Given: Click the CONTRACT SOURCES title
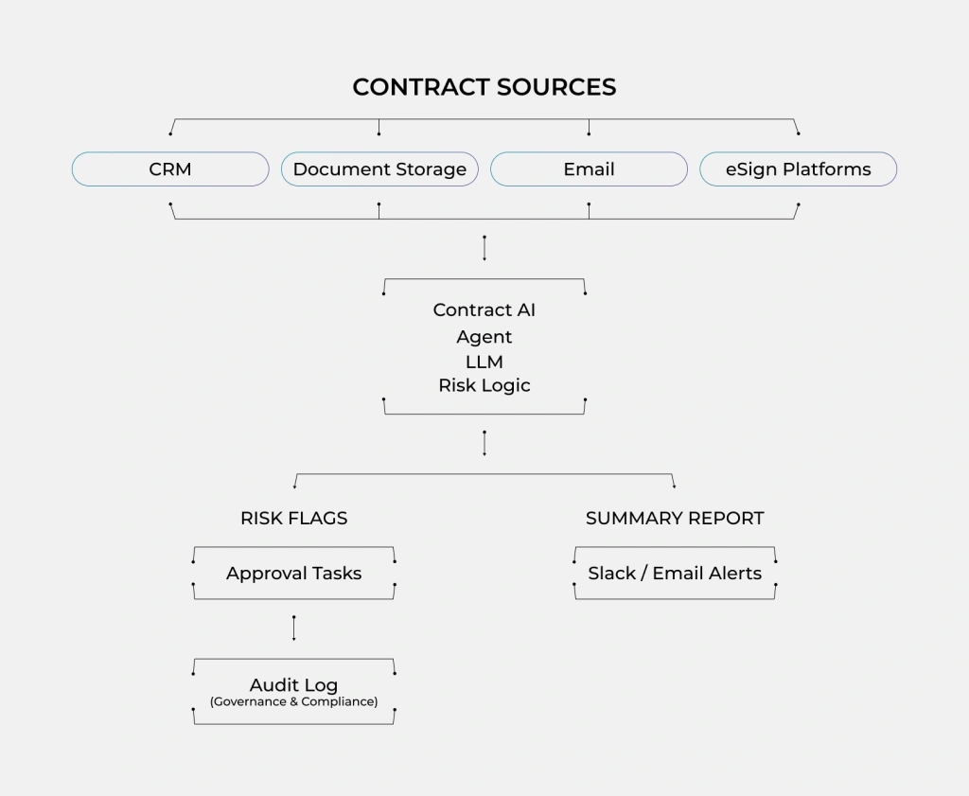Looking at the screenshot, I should click(x=484, y=87).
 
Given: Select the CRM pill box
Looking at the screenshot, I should click(x=170, y=169).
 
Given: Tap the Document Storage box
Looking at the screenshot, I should click(x=379, y=169).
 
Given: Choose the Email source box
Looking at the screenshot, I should click(x=589, y=169).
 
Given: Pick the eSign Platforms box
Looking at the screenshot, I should click(x=798, y=169).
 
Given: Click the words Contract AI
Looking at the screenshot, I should click(x=484, y=310).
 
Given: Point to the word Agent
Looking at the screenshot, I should click(x=484, y=337).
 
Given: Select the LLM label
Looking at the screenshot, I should click(x=484, y=362).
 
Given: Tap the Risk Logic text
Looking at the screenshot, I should click(x=484, y=385).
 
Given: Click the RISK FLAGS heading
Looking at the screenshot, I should click(x=293, y=518).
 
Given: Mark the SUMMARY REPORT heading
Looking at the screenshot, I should click(x=674, y=518).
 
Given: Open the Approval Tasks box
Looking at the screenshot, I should click(x=293, y=573).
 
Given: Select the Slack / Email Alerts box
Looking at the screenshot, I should click(x=674, y=573).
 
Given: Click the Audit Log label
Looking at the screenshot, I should click(x=293, y=684).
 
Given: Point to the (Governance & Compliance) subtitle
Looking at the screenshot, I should click(x=293, y=702).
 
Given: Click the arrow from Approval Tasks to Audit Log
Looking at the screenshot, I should click(x=293, y=628).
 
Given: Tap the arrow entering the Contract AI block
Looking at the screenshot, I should click(x=484, y=248).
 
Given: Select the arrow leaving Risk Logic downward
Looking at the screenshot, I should click(x=484, y=443).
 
